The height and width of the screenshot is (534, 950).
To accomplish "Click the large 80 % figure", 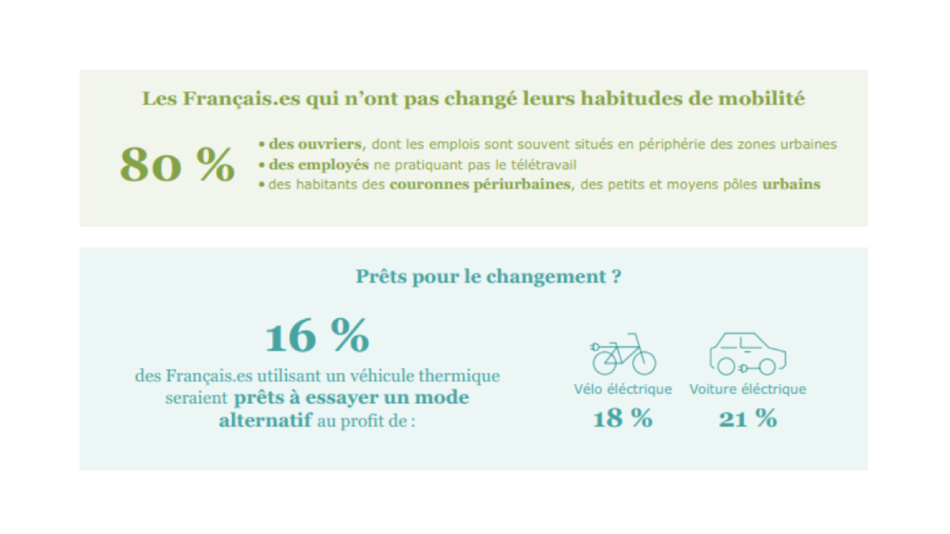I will [x=177, y=165].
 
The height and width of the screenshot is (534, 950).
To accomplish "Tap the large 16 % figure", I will [x=317, y=336].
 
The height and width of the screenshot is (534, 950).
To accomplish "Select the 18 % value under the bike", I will [x=622, y=418].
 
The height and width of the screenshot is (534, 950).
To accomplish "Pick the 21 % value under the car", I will [x=748, y=418].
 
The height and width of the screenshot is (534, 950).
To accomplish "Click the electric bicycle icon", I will [x=623, y=354].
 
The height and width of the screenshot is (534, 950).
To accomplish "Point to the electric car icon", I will [x=748, y=354].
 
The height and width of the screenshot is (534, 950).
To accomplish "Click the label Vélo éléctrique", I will [x=623, y=389].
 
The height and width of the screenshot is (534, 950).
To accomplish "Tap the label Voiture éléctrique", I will [x=748, y=389].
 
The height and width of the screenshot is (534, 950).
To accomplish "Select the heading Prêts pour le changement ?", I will [x=488, y=276].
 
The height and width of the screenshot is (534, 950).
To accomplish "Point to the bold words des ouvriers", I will [x=315, y=144].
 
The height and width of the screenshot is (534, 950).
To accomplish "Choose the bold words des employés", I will [x=319, y=164].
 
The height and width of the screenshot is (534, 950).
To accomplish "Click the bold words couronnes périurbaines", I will [x=480, y=184].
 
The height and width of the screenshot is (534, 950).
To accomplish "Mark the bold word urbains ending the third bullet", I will [x=791, y=184].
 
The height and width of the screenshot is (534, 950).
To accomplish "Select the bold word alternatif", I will [x=265, y=420].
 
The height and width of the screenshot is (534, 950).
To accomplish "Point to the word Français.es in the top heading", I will [x=241, y=98].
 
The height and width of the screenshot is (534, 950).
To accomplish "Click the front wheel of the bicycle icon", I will [x=644, y=363].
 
